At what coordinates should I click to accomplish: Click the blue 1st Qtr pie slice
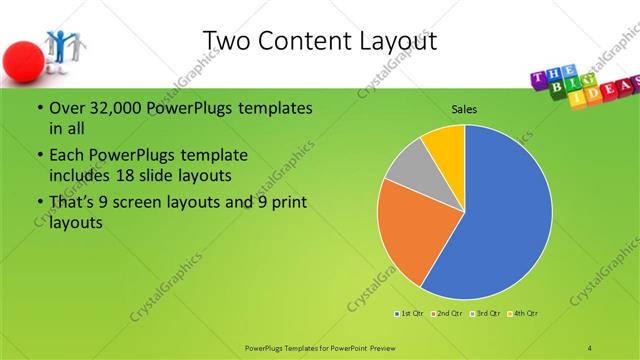click(500, 220)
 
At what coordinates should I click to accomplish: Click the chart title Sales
click(463, 107)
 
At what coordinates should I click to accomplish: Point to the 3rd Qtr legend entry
click(485, 314)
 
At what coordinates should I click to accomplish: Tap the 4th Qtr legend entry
click(523, 314)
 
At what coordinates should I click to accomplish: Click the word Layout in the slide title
click(392, 40)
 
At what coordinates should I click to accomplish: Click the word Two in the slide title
click(225, 40)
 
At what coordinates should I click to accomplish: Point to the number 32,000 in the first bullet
click(107, 108)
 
